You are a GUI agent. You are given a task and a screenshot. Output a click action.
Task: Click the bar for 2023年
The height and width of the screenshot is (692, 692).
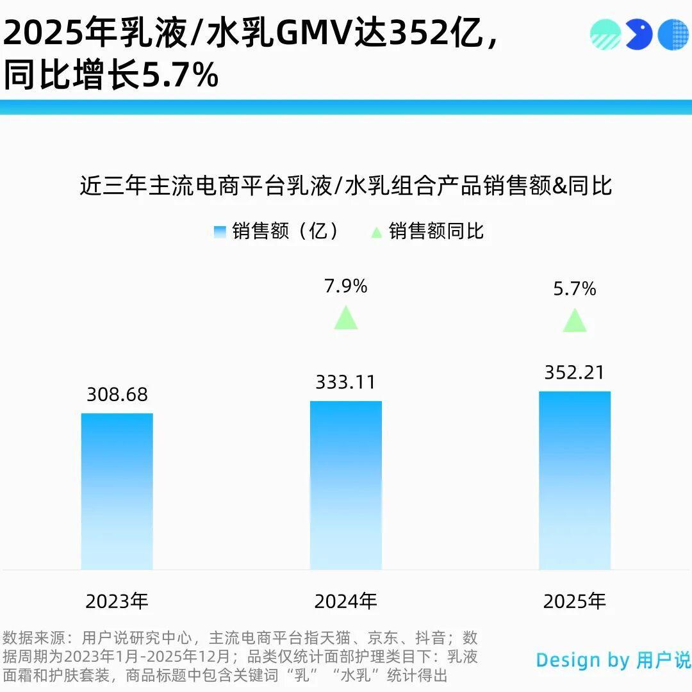coord(117,491)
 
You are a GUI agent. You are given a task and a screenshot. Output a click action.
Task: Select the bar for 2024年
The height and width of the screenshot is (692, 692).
coord(346,485)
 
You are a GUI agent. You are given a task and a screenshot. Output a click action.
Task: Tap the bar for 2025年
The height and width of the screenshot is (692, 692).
coord(575,481)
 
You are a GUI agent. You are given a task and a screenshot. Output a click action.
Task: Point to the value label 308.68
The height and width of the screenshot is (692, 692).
coord(117,395)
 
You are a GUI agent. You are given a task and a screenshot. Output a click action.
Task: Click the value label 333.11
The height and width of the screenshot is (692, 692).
coord(346,383)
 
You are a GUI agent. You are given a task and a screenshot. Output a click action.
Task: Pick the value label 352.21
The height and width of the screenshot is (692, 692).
coord(575,372)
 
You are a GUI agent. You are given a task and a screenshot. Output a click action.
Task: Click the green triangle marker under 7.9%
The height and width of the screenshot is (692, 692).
coord(346,318)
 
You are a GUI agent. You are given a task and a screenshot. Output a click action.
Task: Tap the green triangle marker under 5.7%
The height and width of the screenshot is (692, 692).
coord(575,320)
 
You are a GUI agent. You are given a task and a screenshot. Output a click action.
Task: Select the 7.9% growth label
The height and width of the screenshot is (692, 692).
coord(346,286)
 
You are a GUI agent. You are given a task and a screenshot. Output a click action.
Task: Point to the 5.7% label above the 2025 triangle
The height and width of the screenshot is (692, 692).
coord(575,289)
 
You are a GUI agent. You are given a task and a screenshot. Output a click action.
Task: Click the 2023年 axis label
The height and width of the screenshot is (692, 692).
coord(117,601)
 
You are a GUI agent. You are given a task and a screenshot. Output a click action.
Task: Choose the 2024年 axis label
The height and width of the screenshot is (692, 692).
coord(346,601)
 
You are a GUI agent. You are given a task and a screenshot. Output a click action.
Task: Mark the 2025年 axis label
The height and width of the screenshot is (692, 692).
coord(575,601)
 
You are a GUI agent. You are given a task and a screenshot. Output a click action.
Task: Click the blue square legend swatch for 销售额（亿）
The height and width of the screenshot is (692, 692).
coord(220,231)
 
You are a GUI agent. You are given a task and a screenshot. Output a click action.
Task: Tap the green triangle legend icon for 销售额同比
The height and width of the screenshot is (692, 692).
coord(377,232)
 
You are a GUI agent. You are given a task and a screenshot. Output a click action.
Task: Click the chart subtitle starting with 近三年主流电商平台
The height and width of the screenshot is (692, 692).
coord(346,186)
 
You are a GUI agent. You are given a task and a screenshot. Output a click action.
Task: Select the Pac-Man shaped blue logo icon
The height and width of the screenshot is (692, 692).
coord(638,34)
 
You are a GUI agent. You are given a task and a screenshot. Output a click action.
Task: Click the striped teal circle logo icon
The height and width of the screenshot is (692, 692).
coord(605,34)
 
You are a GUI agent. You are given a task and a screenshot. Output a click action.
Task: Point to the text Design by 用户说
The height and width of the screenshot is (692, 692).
coord(613,660)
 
